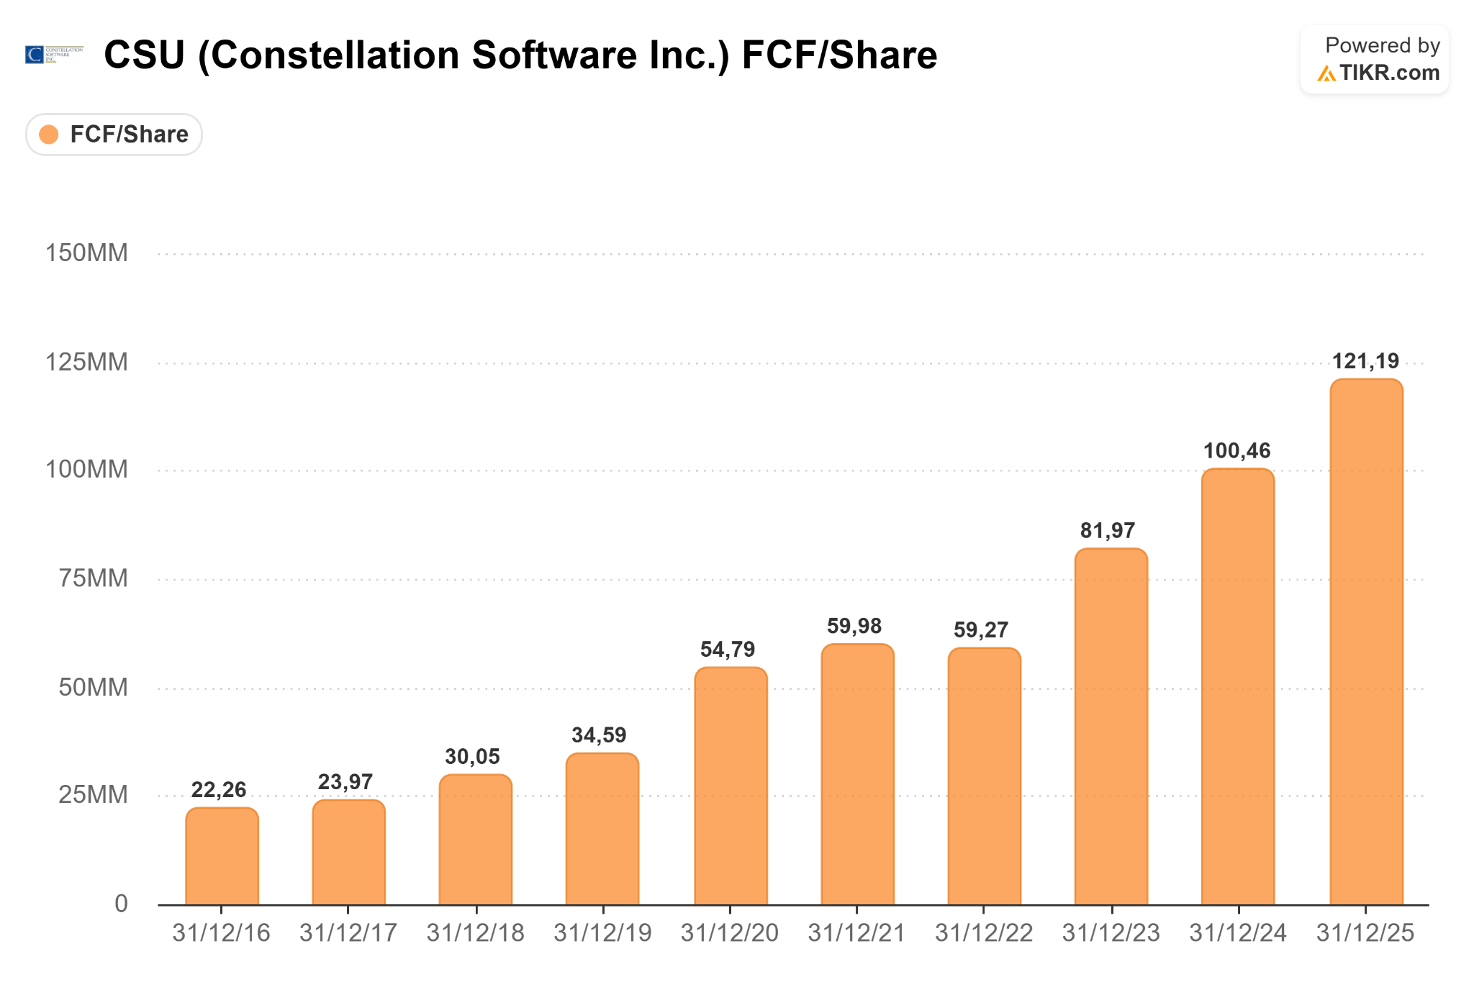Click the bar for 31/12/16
[222, 856]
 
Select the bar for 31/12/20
[731, 786]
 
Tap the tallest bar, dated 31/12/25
[1366, 642]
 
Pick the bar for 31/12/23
[1111, 727]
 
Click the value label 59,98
[854, 626]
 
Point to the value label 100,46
[1237, 451]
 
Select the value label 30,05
[472, 757]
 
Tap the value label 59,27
[981, 630]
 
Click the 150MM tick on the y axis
[86, 253]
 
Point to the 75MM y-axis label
[94, 578]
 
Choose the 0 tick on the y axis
[122, 904]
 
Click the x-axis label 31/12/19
[602, 933]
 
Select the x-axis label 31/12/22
[984, 933]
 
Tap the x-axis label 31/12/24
[1238, 933]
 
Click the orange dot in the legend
[49, 135]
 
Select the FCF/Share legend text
[130, 135]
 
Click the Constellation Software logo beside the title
[54, 55]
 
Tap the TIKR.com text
[1390, 73]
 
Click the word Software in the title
[554, 55]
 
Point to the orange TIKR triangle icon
[1326, 73]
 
